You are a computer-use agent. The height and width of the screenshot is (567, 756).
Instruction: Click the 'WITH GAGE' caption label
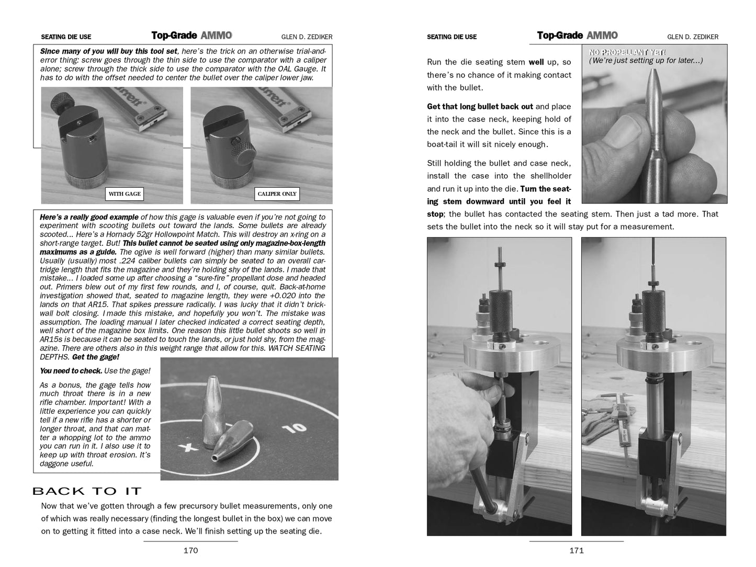click(x=125, y=194)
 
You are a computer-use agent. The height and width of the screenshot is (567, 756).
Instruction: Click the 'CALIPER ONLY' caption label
click(x=277, y=194)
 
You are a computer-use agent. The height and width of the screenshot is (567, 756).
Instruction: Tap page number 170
click(x=190, y=550)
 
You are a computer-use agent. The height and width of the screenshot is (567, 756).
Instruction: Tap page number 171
click(x=576, y=550)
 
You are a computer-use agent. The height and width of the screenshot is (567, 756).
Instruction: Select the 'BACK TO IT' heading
click(x=87, y=491)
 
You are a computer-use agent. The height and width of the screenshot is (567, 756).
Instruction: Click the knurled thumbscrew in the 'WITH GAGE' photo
click(x=61, y=100)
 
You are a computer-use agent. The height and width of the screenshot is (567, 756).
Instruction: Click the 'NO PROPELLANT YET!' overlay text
click(x=627, y=52)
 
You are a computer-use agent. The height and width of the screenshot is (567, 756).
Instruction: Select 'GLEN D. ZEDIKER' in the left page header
click(x=307, y=37)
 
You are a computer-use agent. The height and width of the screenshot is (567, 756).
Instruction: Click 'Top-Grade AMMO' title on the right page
click(x=577, y=36)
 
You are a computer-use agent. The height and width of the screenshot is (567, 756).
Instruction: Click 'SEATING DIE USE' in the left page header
click(x=66, y=37)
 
